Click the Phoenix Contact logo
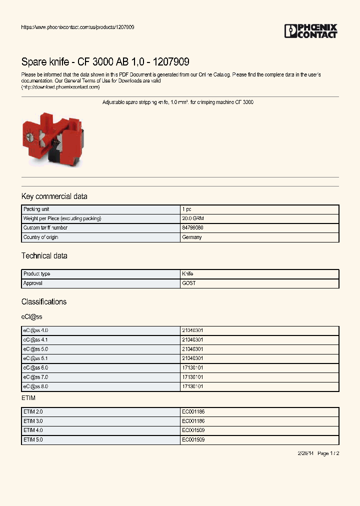(x=310, y=31)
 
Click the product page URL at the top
(x=77, y=27)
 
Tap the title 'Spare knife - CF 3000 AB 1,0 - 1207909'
(x=105, y=62)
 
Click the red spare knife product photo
(x=52, y=136)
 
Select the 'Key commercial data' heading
(x=54, y=196)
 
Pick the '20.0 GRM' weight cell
(x=193, y=218)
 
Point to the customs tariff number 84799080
(x=192, y=228)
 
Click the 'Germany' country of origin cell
(x=192, y=237)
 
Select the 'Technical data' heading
(x=44, y=256)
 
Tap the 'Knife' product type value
(x=187, y=274)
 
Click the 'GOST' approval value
(x=188, y=283)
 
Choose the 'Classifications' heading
(x=43, y=302)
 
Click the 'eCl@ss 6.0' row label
(x=35, y=368)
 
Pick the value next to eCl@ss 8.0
(x=192, y=386)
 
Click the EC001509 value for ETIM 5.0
(x=193, y=440)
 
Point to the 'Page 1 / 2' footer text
(x=328, y=453)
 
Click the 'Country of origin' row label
(x=40, y=237)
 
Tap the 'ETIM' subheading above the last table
(x=28, y=398)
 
